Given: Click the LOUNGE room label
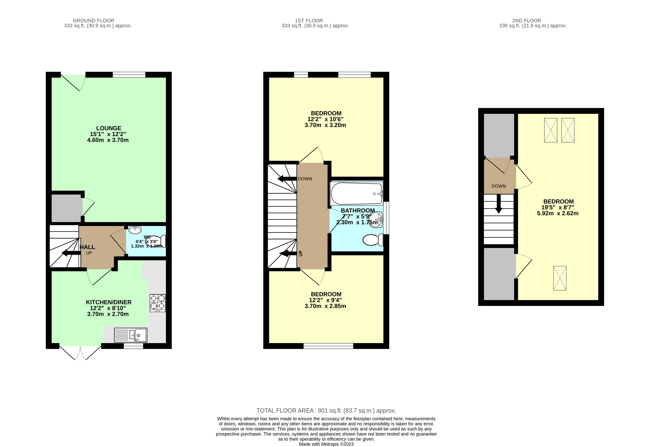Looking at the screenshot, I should [x=109, y=128].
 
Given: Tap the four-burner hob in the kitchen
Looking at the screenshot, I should [x=157, y=303].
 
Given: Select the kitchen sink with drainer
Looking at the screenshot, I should [x=131, y=335].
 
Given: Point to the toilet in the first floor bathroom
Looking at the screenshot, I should [x=373, y=240].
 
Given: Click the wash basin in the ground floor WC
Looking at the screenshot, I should [x=135, y=230].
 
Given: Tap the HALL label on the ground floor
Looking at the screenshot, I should [x=88, y=247].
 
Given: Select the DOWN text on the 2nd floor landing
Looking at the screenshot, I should [x=499, y=186].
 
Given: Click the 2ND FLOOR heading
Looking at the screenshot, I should [x=526, y=20].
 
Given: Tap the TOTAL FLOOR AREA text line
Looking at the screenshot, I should [x=326, y=411].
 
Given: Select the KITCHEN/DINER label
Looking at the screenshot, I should [x=109, y=302].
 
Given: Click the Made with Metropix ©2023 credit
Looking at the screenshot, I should [x=326, y=444].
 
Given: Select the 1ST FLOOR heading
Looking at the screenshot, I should [x=309, y=20].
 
